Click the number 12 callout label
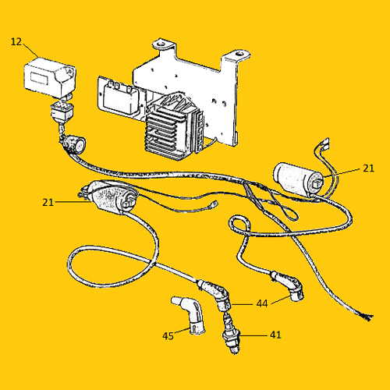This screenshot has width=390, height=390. tap(16, 42)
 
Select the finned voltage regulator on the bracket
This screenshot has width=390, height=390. tap(174, 126)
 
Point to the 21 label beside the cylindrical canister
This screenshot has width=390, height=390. tap(368, 168)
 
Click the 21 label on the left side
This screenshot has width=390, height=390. tap(48, 202)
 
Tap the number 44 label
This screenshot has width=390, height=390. tap(262, 303)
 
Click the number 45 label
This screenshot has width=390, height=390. tap(168, 336)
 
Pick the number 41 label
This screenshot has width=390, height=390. tap(275, 335)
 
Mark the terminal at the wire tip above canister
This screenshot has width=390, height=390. tap(324, 143)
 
